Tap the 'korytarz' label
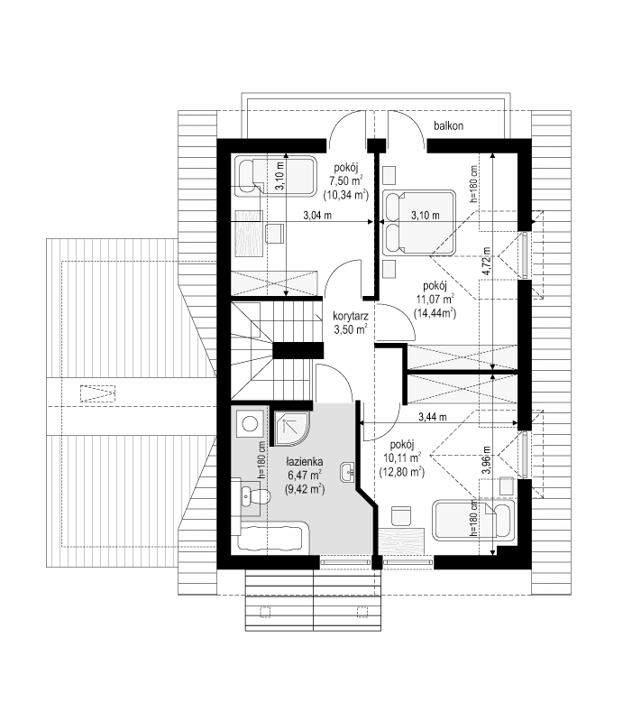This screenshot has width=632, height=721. click(x=350, y=317)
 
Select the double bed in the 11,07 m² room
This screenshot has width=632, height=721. click(x=417, y=220)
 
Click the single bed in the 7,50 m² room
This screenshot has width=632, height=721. click(x=274, y=175)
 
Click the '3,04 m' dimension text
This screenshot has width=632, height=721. click(x=316, y=216)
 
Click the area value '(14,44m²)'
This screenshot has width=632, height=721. click(x=434, y=313)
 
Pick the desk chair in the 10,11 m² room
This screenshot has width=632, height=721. click(x=402, y=515)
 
